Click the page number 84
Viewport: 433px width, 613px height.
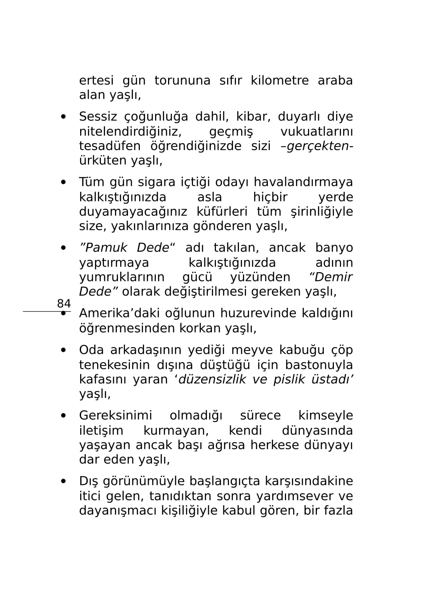[x=64, y=303]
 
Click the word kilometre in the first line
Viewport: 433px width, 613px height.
[x=279, y=80]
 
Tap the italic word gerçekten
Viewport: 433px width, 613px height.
[x=319, y=146]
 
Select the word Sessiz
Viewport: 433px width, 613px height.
[x=98, y=117]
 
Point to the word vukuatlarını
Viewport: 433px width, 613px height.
[x=316, y=132]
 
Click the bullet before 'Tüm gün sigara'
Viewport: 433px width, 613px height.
[x=64, y=182]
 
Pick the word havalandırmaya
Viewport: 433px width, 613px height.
[x=303, y=182]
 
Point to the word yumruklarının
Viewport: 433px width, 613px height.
[x=122, y=277]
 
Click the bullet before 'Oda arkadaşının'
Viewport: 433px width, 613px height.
[x=64, y=350]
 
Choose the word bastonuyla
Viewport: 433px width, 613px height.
[x=319, y=365]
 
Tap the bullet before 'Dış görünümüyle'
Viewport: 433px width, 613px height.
[x=64, y=481]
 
